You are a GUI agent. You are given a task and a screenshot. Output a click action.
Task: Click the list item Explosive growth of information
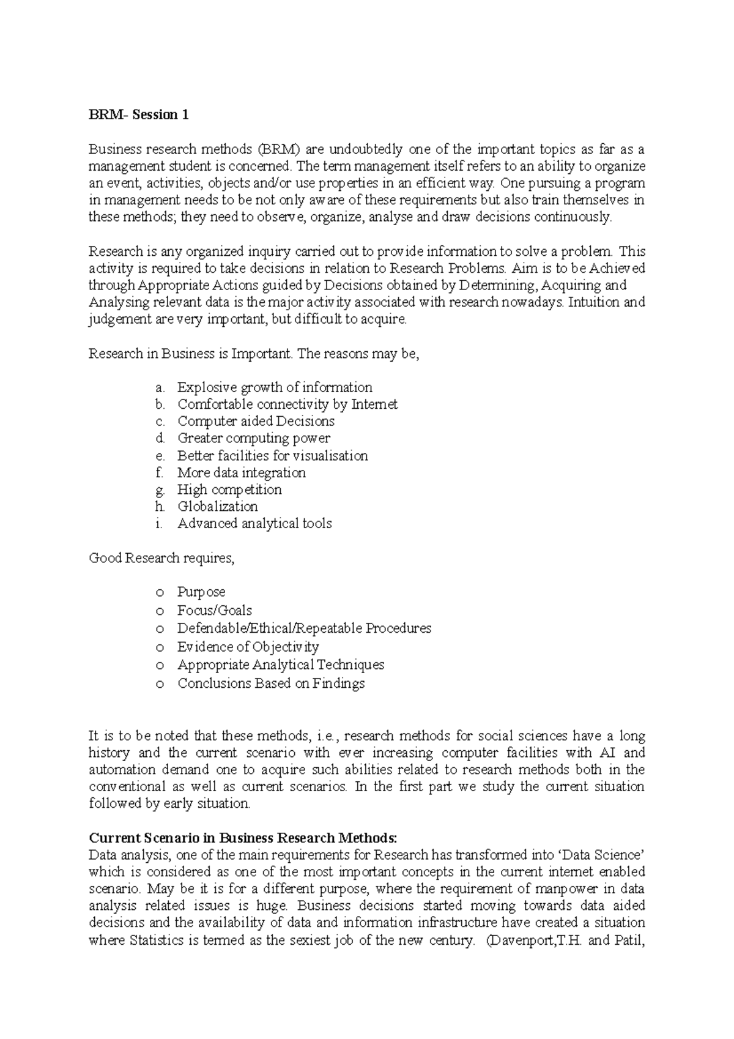pos(275,387)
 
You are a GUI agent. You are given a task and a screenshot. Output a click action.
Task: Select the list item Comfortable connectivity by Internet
pos(287,404)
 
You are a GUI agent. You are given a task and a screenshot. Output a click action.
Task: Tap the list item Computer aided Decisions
pos(256,422)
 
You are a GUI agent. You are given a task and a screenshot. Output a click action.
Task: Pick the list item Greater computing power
pos(253,438)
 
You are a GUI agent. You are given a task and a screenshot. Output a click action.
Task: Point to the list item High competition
pos(229,490)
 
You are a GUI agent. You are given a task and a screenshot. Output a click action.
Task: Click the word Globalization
pos(217,507)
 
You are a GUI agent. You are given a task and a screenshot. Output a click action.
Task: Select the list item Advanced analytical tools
pos(254,524)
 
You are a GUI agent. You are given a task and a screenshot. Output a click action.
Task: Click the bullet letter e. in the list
pos(160,456)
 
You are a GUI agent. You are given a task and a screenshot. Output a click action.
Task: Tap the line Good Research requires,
pos(161,558)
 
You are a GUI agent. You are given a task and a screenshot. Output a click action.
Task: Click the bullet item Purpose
pos(201,592)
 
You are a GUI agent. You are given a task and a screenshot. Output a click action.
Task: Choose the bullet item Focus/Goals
pos(214,611)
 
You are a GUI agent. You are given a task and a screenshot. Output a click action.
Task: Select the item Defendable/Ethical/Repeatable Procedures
pos(304,628)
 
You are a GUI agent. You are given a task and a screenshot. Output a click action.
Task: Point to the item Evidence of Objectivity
pos(248,647)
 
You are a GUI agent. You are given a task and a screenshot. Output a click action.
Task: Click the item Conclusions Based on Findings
pos(271,683)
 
